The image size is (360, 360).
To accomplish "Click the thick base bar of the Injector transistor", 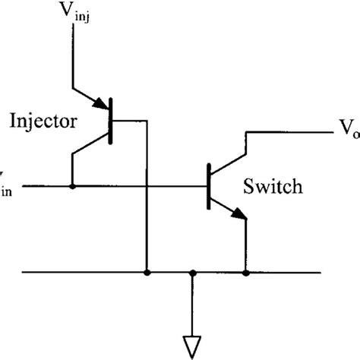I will pos(111,121).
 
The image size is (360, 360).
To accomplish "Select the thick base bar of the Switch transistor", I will pos(208,185).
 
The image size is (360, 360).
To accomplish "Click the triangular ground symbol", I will pos(194,345).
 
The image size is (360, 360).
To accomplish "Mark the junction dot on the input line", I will pos(72,185).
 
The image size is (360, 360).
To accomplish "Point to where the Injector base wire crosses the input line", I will pos(145,185).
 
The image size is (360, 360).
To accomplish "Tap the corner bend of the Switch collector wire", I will pos(245,134).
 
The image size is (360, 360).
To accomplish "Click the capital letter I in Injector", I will pos(12,121).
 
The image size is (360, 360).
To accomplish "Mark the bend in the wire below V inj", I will pos(72,85).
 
